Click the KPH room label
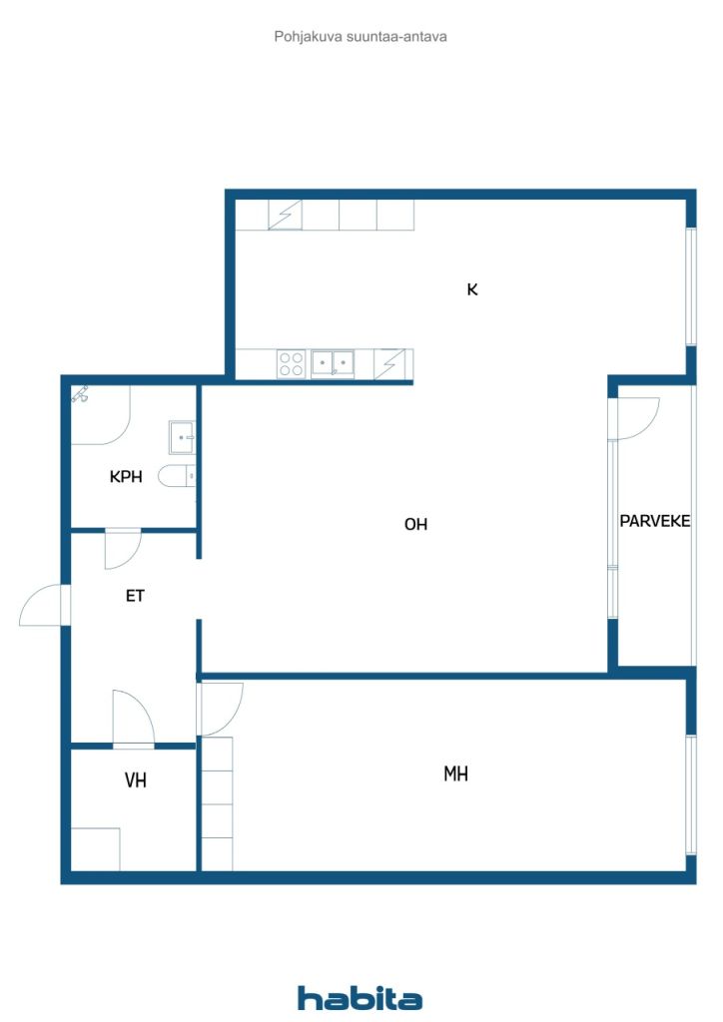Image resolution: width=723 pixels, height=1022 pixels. click(126, 476)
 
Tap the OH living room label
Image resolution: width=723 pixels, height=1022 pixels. click(416, 524)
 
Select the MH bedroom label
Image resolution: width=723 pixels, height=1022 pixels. click(455, 773)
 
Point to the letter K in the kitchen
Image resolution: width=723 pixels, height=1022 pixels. click(472, 289)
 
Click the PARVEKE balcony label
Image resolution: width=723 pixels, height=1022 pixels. click(654, 521)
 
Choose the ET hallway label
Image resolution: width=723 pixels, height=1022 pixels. click(135, 596)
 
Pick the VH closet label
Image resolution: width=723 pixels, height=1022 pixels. click(136, 780)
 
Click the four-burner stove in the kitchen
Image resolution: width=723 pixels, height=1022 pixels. click(291, 363)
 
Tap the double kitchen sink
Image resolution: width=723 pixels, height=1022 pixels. click(333, 363)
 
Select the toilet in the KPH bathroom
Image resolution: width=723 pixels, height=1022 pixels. click(176, 476)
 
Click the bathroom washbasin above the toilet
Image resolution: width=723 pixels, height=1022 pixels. click(181, 437)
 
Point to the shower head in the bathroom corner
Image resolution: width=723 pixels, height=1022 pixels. click(81, 394)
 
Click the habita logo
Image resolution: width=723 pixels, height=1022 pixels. click(360, 998)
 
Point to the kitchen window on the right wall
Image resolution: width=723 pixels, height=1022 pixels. click(691, 286)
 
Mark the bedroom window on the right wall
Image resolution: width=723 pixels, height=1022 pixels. click(691, 794)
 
